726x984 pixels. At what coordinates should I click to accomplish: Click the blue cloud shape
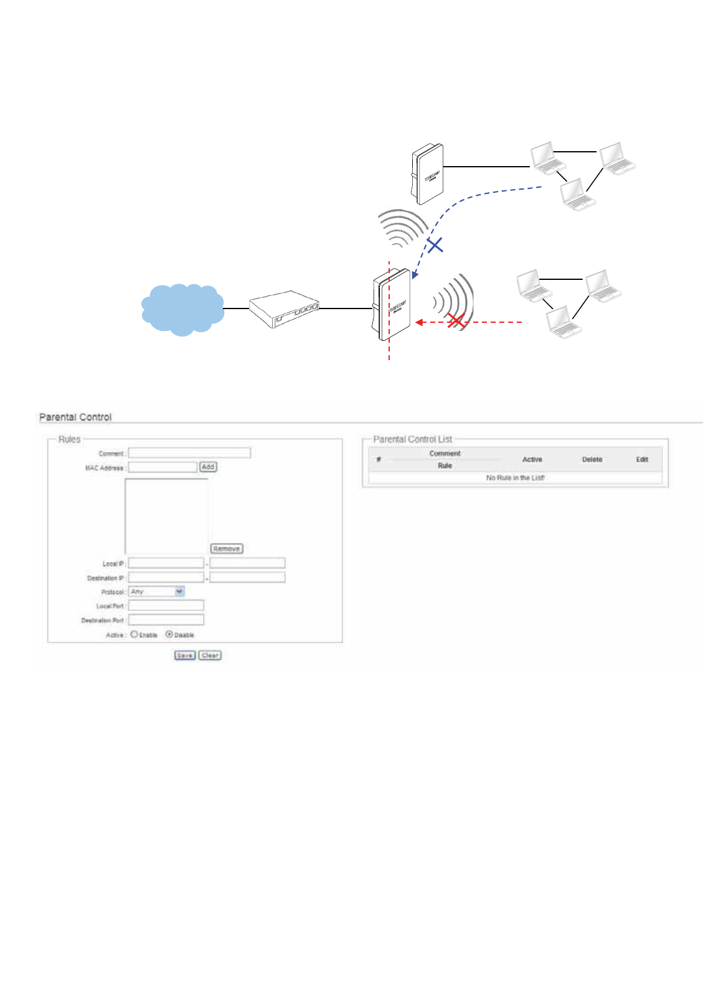pos(182,309)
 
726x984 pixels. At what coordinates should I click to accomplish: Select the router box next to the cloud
pos(284,308)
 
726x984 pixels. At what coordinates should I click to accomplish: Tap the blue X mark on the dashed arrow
pos(435,244)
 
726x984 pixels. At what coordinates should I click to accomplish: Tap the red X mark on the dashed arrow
pos(456,321)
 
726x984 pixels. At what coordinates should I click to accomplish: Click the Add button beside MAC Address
pos(208,466)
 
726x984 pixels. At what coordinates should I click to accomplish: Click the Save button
pos(185,656)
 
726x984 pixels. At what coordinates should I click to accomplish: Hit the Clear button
pos(210,656)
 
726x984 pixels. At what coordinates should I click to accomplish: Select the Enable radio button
pos(134,634)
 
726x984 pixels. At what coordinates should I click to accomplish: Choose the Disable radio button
pos(169,634)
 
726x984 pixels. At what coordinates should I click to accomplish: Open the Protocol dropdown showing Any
pos(156,592)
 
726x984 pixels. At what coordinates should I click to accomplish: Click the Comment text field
pos(189,453)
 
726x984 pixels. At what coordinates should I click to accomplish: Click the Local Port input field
pos(166,605)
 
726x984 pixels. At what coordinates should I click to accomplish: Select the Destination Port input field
pos(166,620)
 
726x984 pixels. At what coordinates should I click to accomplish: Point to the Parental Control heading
pos(75,417)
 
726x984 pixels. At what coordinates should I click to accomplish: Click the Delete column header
pos(592,460)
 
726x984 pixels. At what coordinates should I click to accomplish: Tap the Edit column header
pos(642,460)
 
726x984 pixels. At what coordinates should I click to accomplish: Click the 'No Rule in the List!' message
pos(515,478)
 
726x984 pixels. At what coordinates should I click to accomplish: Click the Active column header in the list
pos(532,460)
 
